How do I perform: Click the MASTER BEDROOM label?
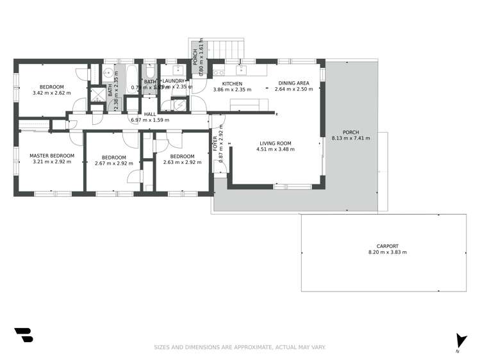[x=52, y=156]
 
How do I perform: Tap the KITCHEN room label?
[x=232, y=84]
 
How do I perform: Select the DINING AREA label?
[x=294, y=83]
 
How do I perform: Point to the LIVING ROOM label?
[x=276, y=143]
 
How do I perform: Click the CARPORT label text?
[x=387, y=246]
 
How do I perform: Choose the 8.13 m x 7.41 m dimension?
[x=351, y=138]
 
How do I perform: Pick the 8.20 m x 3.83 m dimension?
[x=387, y=252]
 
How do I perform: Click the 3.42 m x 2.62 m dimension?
[x=52, y=94]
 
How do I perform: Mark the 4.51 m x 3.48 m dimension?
[x=276, y=150]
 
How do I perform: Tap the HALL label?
[x=150, y=114]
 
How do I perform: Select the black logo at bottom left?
[x=23, y=335]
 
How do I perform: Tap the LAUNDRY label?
[x=173, y=81]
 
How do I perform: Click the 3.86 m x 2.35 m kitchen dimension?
[x=232, y=90]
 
